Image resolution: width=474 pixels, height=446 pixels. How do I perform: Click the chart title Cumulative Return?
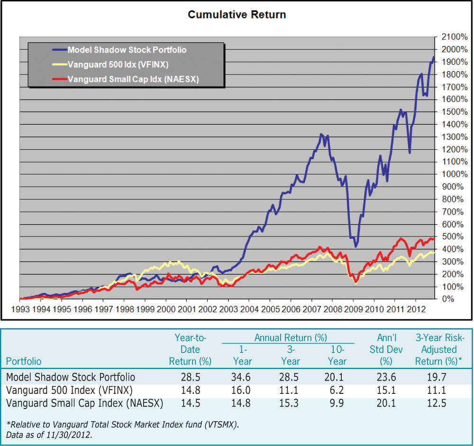pyautogui.click(x=237, y=15)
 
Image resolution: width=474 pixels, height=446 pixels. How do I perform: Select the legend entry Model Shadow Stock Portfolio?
pyautogui.click(x=127, y=50)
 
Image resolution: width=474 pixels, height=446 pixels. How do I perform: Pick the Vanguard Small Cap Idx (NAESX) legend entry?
pyautogui.click(x=133, y=79)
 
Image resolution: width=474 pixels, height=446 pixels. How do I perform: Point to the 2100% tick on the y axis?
pyautogui.click(x=452, y=36)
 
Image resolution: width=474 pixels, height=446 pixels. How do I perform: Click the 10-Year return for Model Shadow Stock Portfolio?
pyautogui.click(x=337, y=377)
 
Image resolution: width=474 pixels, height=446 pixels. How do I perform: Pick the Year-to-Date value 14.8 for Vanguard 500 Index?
pyautogui.click(x=190, y=391)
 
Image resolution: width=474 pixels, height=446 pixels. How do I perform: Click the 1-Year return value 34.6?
pyautogui.click(x=242, y=377)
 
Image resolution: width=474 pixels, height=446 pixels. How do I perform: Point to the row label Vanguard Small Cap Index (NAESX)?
pyautogui.click(x=85, y=403)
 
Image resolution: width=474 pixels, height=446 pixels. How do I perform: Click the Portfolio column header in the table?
pyautogui.click(x=24, y=361)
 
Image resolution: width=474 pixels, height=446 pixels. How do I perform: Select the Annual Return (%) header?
pyautogui.click(x=291, y=338)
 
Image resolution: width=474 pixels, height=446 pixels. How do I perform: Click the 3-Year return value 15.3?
pyautogui.click(x=290, y=403)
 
